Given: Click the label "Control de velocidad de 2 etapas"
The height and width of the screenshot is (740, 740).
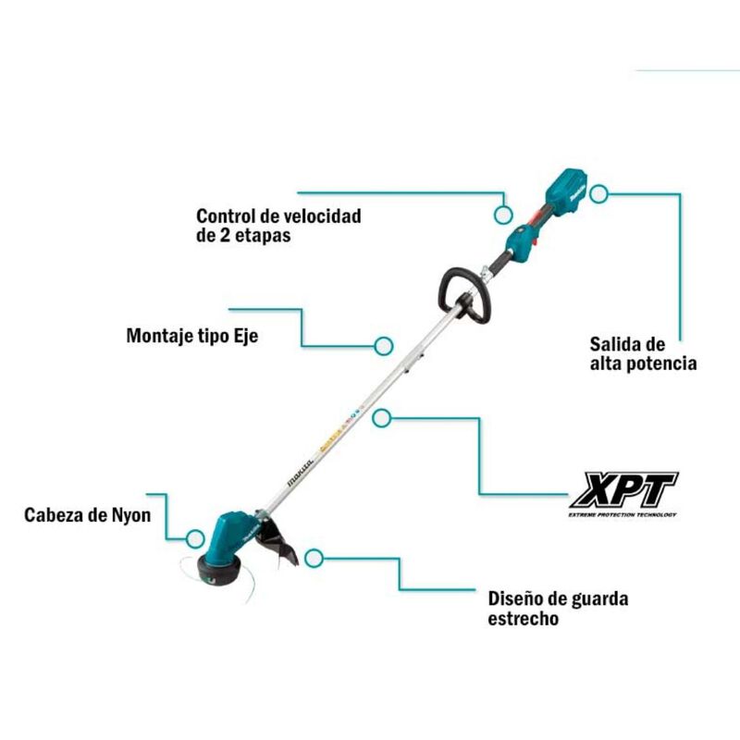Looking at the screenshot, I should point(278,226).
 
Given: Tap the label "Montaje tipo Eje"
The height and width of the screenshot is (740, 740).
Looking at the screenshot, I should point(191,336).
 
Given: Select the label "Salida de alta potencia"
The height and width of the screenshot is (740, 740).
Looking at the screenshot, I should point(643,352).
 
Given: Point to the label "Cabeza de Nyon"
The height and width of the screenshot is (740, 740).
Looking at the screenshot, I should point(87,514).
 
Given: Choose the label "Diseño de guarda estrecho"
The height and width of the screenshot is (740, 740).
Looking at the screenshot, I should point(558,609).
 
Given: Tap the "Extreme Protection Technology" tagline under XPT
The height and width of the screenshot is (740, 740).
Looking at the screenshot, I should point(623,514).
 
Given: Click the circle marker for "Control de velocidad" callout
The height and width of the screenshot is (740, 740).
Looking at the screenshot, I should point(502,214).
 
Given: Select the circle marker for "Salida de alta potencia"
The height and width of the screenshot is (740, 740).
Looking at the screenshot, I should point(599,195).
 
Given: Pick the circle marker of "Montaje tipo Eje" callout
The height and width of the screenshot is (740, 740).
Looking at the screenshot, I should point(383,346).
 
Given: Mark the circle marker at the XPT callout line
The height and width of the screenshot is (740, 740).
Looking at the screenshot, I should point(379,418).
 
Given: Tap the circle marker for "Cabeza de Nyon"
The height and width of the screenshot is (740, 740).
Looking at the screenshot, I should point(194,536).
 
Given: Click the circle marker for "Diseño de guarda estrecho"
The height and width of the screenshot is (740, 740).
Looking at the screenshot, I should point(314,558).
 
